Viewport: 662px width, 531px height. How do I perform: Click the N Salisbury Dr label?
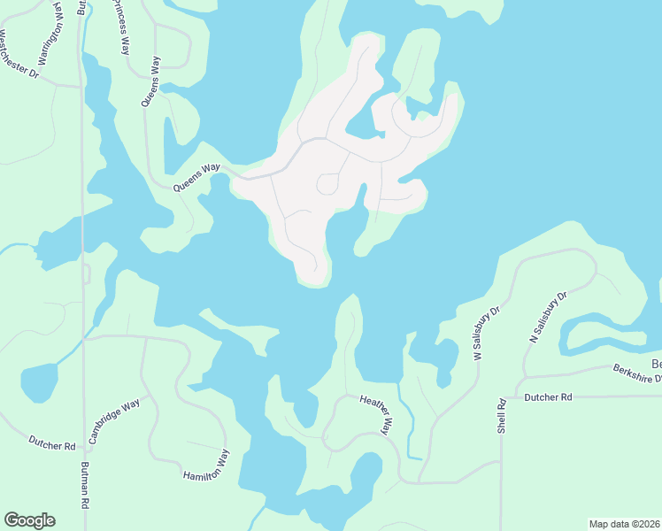tap(546, 316)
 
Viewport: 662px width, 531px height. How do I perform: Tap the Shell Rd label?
tap(501, 415)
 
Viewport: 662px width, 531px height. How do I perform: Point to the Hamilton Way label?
tap(206, 465)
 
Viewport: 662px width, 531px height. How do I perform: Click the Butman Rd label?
tap(86, 487)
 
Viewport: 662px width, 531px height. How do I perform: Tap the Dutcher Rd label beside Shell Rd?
tap(549, 398)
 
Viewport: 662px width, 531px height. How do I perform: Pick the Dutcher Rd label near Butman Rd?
tap(51, 442)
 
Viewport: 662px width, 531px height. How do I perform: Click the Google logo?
tap(29, 520)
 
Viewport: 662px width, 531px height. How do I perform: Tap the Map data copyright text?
tap(624, 523)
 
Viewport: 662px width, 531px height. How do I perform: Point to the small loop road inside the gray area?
tap(327, 184)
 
